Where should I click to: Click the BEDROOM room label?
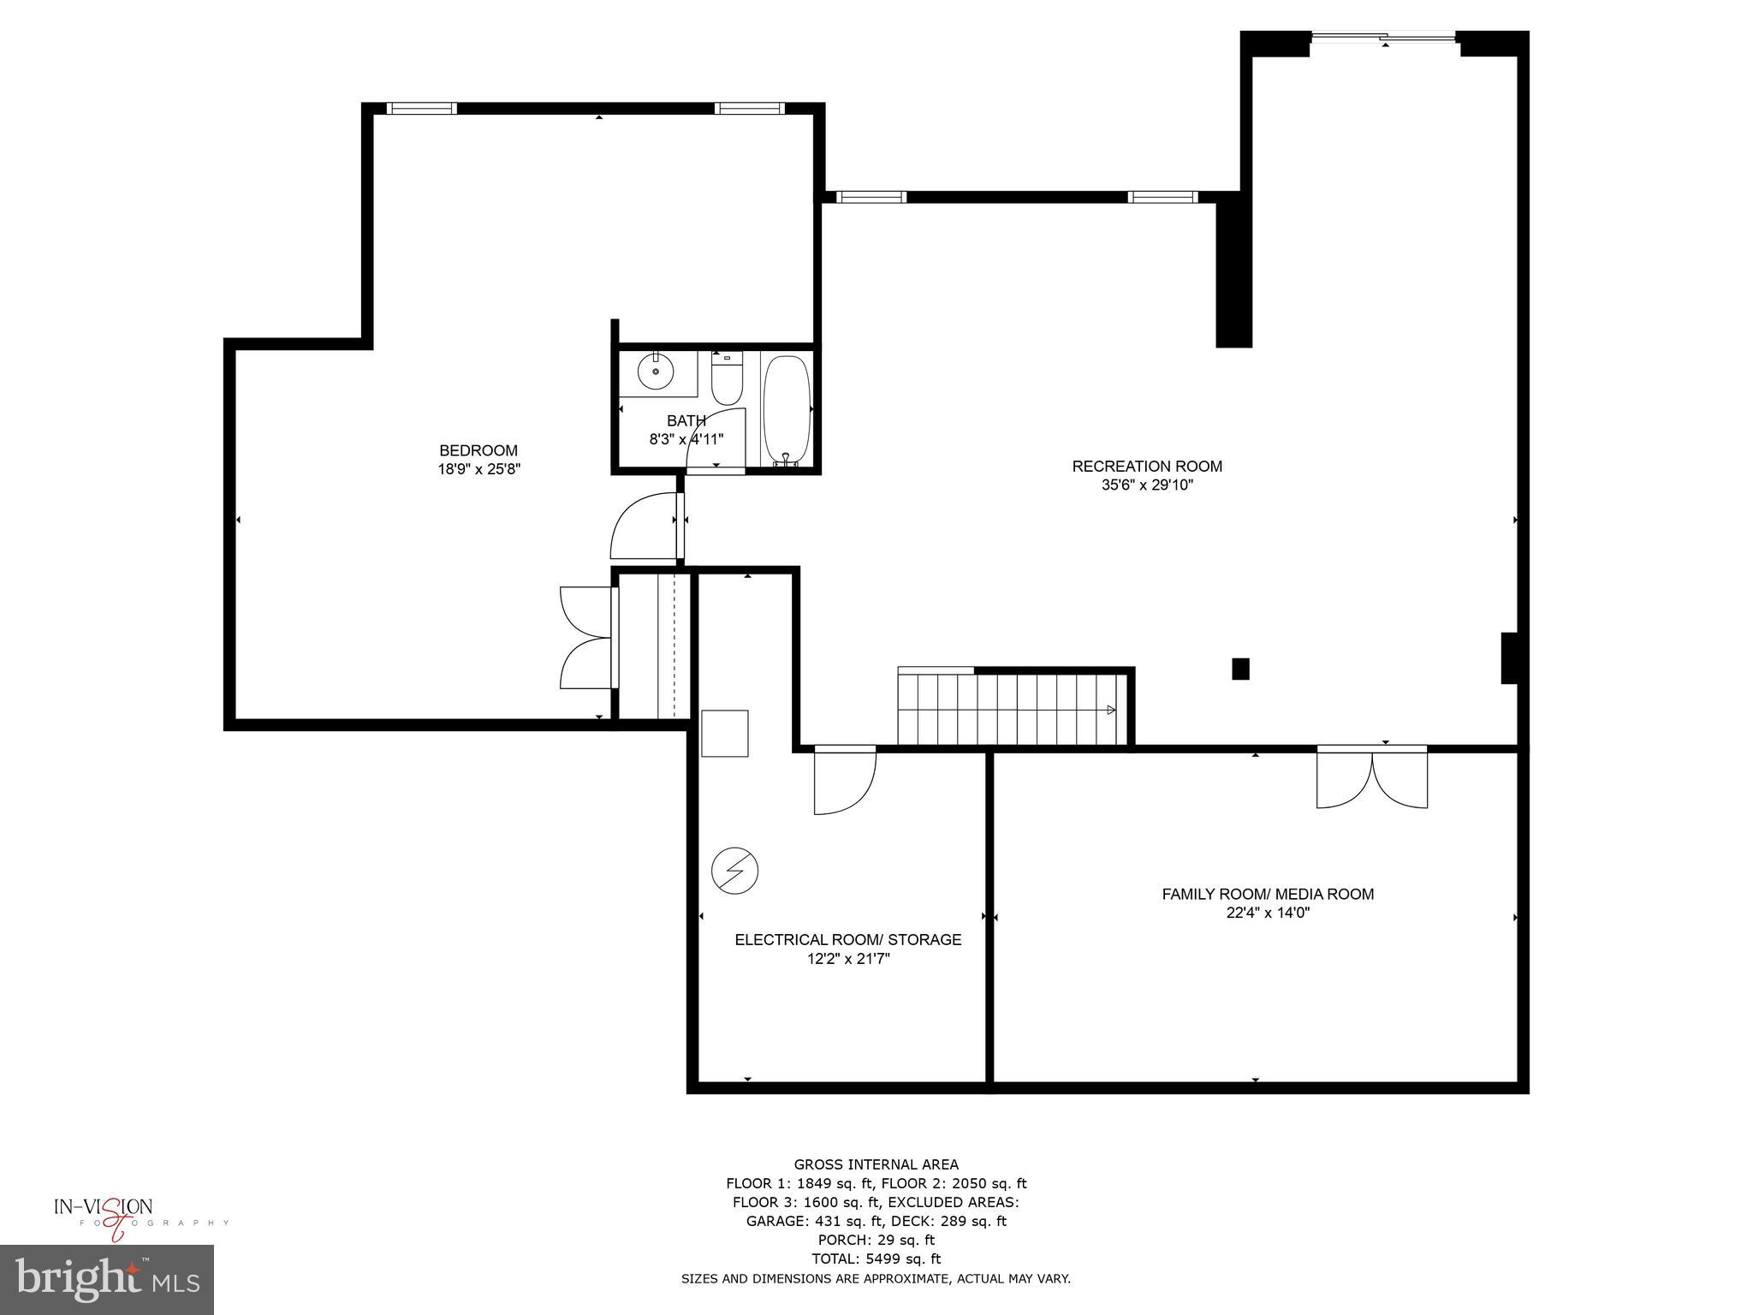[478, 450]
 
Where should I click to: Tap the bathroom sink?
[656, 372]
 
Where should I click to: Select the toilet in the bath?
[727, 382]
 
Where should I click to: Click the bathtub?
[787, 409]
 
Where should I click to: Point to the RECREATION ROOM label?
[1147, 467]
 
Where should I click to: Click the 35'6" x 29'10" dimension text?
[1147, 485]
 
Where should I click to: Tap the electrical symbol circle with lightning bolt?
[734, 872]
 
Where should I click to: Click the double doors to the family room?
[1372, 777]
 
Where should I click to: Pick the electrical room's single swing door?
[844, 780]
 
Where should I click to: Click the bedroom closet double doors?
[587, 638]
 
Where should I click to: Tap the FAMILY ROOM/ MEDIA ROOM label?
[1268, 894]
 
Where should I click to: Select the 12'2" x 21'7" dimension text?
[848, 959]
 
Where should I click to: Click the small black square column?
[1240, 669]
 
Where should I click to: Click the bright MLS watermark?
[107, 1279]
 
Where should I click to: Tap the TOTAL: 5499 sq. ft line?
[876, 1258]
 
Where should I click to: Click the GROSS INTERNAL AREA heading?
[876, 1164]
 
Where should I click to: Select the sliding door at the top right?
[1384, 37]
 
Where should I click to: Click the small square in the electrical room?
[725, 734]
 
